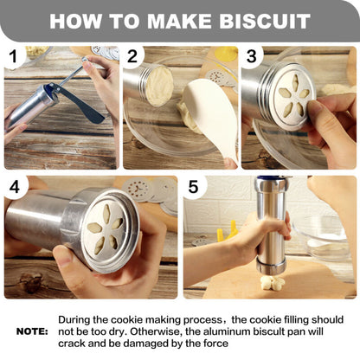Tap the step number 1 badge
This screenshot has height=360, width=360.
pos(12,59)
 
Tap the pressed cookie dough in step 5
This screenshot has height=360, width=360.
pos(272,282)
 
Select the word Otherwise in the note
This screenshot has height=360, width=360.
pos(151,331)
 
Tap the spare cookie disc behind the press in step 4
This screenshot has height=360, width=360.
pos(138,190)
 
